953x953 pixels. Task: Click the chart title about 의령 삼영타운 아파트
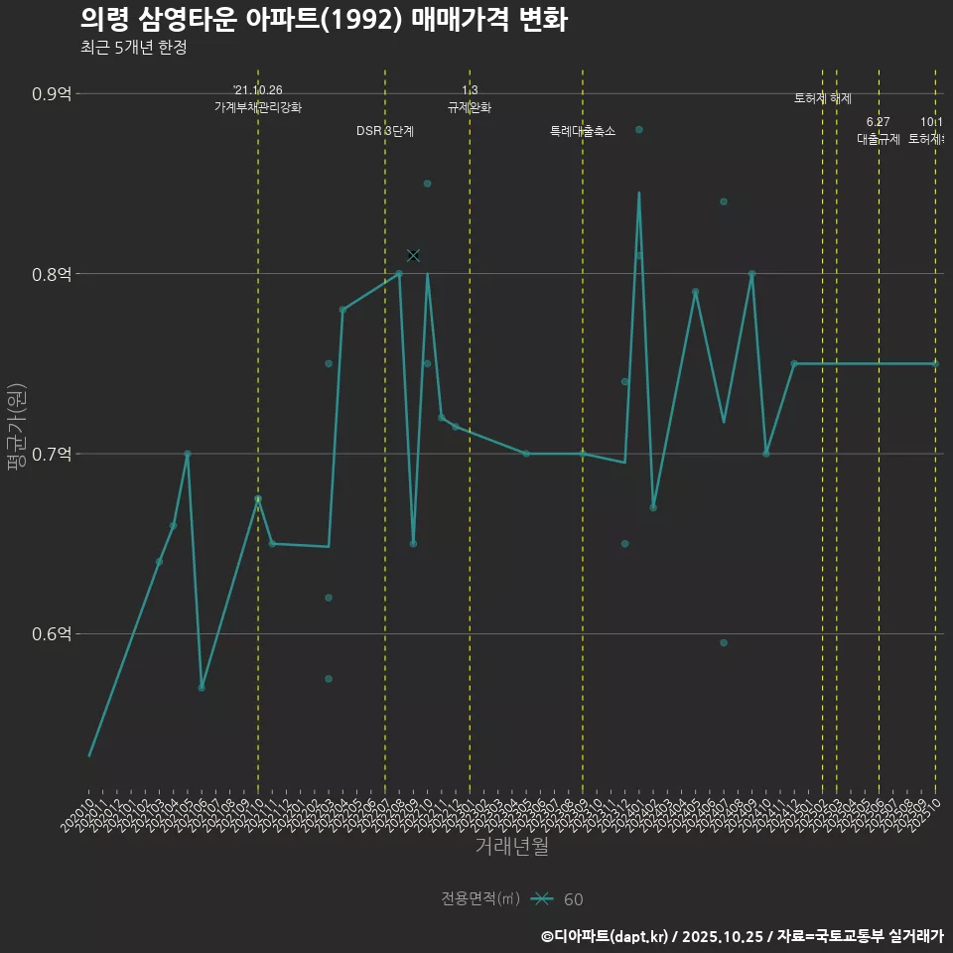pos(323,19)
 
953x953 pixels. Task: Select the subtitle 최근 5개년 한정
pos(133,47)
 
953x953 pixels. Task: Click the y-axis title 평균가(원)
pos(17,427)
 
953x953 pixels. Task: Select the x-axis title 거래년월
pos(511,847)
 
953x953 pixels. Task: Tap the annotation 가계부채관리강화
pos(258,107)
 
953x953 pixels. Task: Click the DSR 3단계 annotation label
pos(385,131)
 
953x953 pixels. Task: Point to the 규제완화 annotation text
pos(470,107)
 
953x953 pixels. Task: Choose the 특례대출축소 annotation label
pos(583,131)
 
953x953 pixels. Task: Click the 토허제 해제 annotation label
pos(823,98)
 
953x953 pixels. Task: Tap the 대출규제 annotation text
pos(879,139)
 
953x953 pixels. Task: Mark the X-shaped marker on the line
pos(414,255)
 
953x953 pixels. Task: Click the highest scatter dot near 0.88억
pos(639,130)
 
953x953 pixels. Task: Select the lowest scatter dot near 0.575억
pos(329,679)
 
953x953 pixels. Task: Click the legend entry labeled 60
pos(573,899)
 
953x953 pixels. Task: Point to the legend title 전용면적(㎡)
pos(480,898)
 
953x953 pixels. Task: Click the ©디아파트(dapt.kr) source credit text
pos(605,936)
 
